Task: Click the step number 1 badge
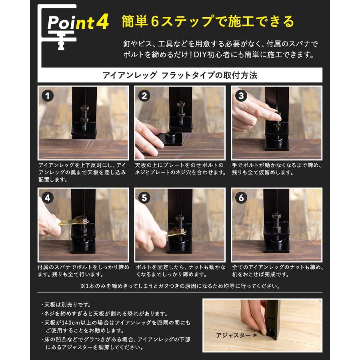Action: coord(48,96)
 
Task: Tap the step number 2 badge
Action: coord(144,96)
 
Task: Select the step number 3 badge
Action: coord(241,96)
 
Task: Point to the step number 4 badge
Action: coord(48,198)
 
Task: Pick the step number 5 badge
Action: coord(144,198)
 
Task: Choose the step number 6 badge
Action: coord(241,198)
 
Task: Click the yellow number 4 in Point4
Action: coord(102,23)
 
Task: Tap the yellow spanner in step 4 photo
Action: coord(72,220)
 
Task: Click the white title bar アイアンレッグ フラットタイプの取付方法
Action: coord(180,75)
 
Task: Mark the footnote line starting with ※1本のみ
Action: coord(180,286)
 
